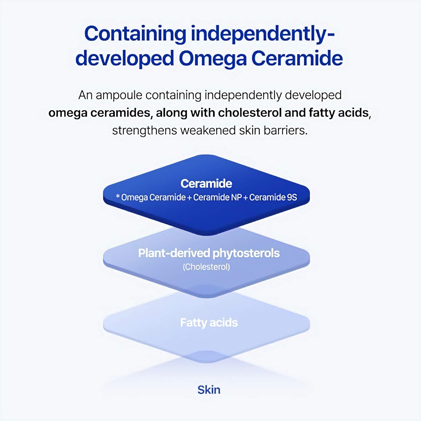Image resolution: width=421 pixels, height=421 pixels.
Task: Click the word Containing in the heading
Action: coord(135,34)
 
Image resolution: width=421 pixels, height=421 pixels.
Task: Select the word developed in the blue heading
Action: coord(125,59)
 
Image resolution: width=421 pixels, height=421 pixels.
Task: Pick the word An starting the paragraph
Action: coord(85,95)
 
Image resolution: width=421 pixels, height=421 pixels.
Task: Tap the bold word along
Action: coord(171,113)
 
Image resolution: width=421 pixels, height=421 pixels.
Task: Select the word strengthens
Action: coord(145,131)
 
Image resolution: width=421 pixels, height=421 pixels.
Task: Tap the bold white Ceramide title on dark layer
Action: coord(206,184)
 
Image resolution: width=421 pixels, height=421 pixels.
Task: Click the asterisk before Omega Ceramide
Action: coord(118,197)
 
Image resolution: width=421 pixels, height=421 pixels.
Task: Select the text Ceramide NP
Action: coord(217,198)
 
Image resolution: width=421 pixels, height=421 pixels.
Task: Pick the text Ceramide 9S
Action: coord(273,198)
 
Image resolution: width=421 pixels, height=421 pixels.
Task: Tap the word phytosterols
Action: coord(246,253)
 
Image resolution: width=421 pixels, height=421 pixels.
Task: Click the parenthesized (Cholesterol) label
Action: coord(206,267)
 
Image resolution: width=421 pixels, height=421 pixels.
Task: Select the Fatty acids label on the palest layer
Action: coord(209,323)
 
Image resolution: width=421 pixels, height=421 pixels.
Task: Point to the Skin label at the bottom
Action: coord(209,390)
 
